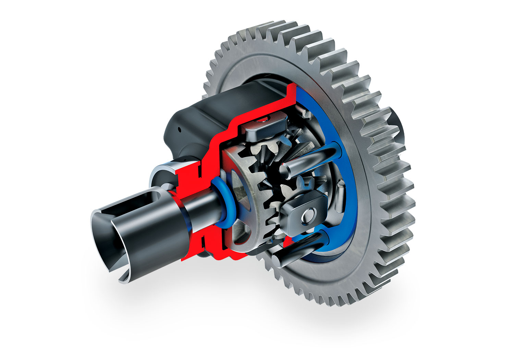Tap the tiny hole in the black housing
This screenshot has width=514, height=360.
click(179, 130)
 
